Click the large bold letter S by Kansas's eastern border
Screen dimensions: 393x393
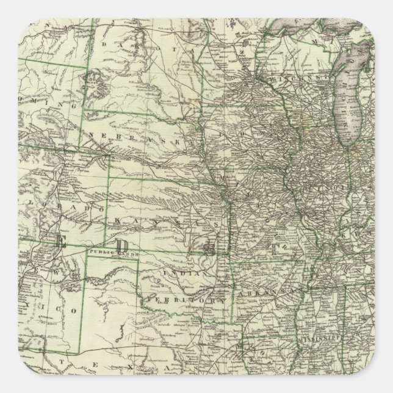point(209,246)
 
